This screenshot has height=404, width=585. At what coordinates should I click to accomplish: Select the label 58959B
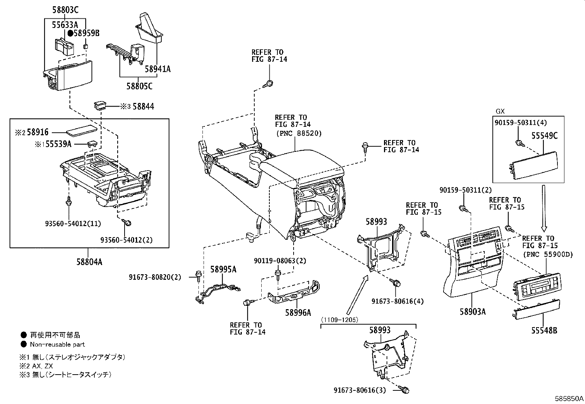86,33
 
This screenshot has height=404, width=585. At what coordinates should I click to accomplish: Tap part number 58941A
157,69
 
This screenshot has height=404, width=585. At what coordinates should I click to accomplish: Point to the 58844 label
143,107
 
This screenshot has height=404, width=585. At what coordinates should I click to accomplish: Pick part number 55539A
58,144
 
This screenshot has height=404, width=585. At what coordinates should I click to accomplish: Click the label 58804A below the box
89,262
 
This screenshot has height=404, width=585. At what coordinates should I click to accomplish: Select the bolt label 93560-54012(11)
73,223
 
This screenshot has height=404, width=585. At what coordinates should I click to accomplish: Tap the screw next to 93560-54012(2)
128,223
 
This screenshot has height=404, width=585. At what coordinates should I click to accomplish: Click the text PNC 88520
298,133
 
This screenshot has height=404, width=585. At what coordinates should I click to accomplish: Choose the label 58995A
223,269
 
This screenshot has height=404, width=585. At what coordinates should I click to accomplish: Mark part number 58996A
298,312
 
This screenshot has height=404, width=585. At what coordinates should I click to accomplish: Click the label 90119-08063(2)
280,261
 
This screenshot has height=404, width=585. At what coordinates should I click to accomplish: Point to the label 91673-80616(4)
397,301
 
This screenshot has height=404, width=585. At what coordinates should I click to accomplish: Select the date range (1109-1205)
339,320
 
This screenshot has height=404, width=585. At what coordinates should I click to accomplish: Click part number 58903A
472,312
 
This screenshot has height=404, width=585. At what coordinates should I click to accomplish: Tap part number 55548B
544,330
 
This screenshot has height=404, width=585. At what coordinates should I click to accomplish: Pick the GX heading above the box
500,111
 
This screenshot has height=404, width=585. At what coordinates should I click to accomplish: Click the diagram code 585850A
569,398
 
